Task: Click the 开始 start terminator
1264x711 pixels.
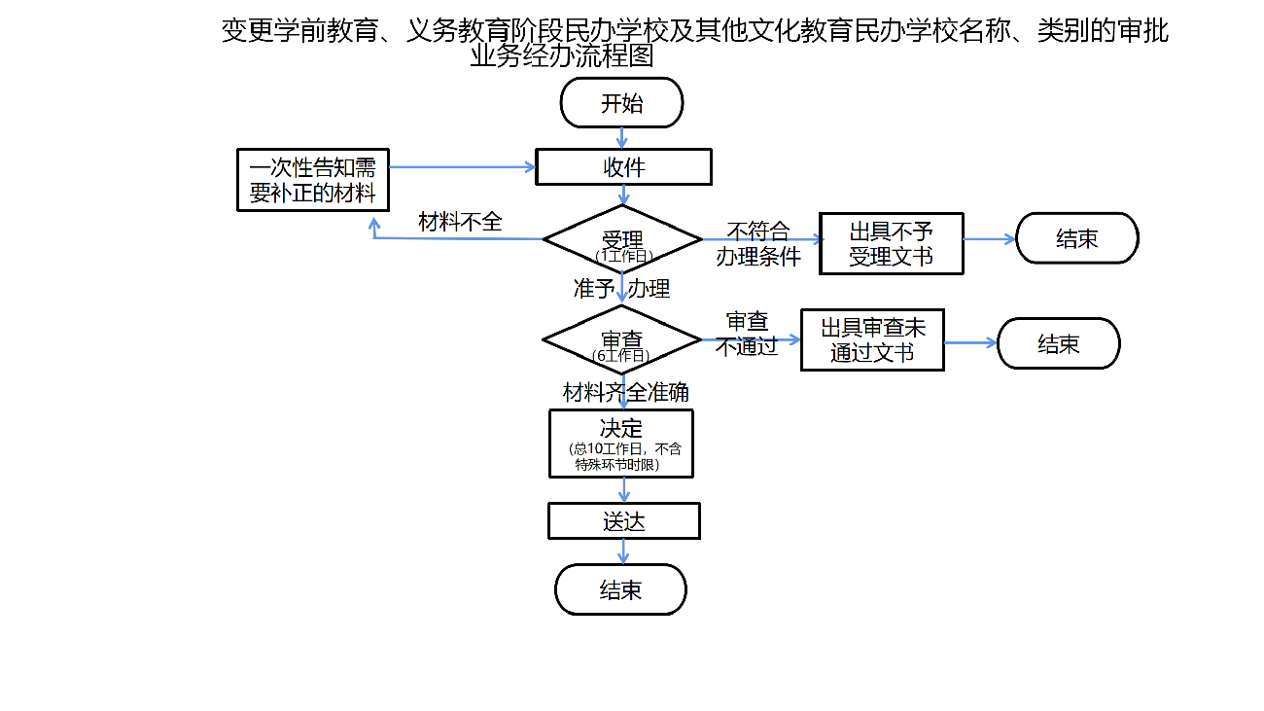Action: tap(622, 102)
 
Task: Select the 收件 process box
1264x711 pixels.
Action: tap(623, 166)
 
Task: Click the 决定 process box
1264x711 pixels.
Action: tap(621, 443)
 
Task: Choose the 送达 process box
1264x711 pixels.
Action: tap(623, 520)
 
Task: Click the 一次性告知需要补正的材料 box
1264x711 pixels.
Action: tap(313, 180)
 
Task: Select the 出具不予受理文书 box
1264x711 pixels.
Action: tap(891, 243)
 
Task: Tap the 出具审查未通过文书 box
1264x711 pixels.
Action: tap(872, 339)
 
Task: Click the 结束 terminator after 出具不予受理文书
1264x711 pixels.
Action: tap(1076, 238)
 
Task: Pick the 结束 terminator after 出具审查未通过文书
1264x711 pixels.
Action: tap(1058, 343)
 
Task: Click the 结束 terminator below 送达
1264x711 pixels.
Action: tap(620, 589)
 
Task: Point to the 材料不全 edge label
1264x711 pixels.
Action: tap(460, 222)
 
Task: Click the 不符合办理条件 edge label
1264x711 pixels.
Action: tap(758, 244)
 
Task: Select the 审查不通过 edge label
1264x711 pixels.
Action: tap(748, 334)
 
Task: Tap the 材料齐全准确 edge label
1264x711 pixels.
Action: tap(626, 392)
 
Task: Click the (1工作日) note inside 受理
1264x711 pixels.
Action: tap(623, 256)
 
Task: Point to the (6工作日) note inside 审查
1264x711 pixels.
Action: tap(621, 356)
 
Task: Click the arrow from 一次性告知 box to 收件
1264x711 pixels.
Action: tap(462, 167)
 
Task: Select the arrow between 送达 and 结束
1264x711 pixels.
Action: tap(624, 551)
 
